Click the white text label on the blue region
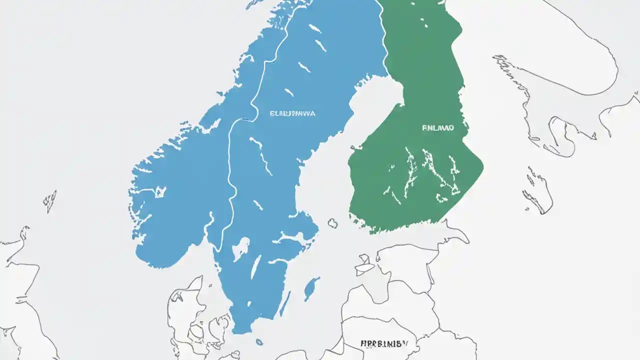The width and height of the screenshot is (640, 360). [x=292, y=114]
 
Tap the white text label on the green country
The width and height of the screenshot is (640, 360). [x=438, y=128]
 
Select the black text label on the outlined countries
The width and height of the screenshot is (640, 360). [x=384, y=344]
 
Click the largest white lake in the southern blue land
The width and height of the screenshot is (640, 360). [x=241, y=247]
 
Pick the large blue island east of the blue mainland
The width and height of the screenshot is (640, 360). [x=311, y=288]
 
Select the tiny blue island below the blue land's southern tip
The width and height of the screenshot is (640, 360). [x=259, y=342]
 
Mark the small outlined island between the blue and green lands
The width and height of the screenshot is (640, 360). [x=332, y=223]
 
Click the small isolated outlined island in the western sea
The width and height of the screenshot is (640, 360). [x=50, y=200]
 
